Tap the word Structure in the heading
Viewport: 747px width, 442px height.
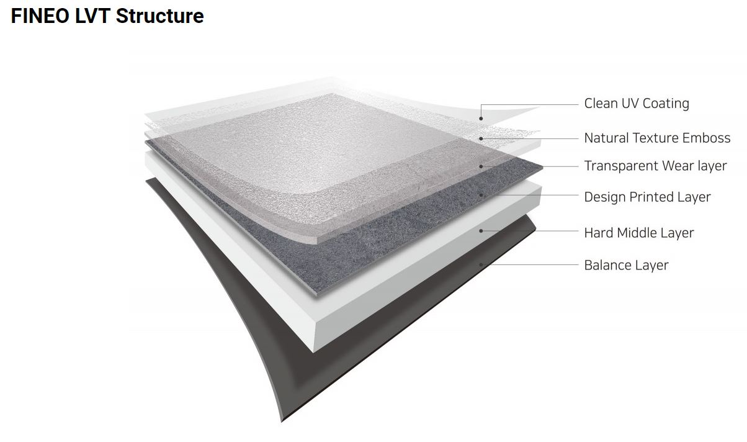(159, 16)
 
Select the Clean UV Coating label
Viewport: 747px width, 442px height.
(636, 103)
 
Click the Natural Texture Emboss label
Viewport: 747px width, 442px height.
(657, 138)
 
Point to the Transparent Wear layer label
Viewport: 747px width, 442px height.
(655, 166)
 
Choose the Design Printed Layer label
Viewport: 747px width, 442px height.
(647, 197)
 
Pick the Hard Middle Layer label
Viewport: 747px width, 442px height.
(638, 233)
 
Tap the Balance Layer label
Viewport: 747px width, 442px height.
(626, 265)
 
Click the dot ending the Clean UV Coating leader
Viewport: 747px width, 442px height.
(481, 118)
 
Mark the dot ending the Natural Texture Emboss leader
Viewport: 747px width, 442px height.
(481, 138)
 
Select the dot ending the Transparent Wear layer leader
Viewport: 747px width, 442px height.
(481, 166)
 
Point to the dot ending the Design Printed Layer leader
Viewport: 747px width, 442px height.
(481, 195)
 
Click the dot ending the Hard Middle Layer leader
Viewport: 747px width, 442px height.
(481, 231)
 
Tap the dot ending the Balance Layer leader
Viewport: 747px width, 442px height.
(481, 264)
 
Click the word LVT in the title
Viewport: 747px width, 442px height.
(92, 16)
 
